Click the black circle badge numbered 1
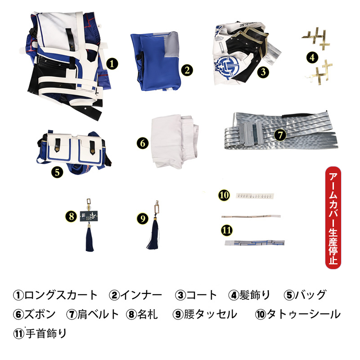coord(112,63)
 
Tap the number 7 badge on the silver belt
coord(280,135)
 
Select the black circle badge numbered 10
coord(224,195)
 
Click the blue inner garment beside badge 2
coord(155,61)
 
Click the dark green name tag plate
coord(89,216)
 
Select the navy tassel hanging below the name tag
coord(90,239)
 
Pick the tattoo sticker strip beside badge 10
coord(255,196)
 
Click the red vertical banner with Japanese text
coord(333,218)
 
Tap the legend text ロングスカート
coord(61,295)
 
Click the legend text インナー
coord(141,295)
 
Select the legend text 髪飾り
coord(255,295)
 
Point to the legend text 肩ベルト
coord(98,314)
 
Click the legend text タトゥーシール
coord(303,314)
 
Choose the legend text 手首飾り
coord(46,333)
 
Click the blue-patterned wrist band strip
coord(255,243)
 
